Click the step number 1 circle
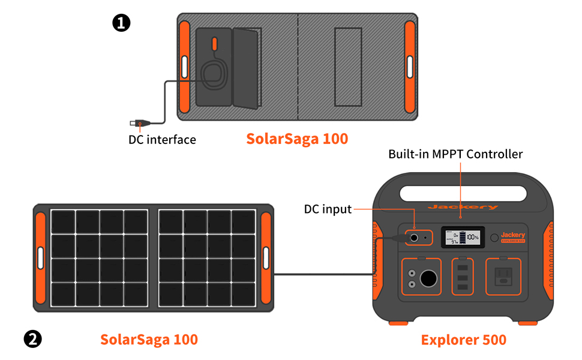[121, 23]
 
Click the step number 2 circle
[32, 339]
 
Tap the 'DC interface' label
[162, 140]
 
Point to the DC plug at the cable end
[137, 124]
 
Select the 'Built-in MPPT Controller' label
[455, 154]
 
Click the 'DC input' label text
[328, 209]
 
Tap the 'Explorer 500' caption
[463, 340]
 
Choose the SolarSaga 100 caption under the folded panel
[297, 139]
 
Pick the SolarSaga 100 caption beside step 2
[149, 340]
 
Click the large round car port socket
[430, 278]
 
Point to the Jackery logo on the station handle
[463, 207]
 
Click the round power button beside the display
[494, 238]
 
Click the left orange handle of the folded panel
[185, 66]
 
